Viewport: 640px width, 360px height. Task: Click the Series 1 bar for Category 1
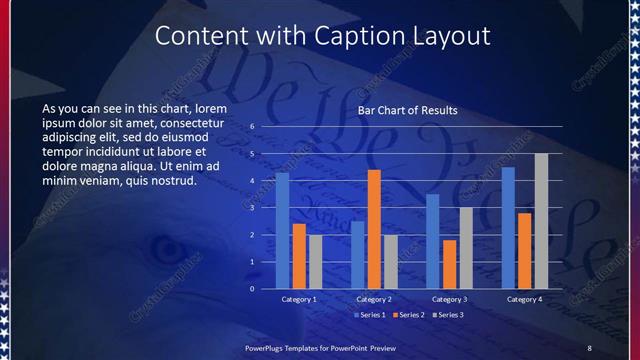point(282,230)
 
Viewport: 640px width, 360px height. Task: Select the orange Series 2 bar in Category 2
point(374,229)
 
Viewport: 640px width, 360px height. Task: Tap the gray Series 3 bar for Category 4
point(541,221)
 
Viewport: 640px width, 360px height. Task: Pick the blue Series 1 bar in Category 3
point(432,241)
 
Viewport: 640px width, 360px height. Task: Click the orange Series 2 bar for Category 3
point(449,264)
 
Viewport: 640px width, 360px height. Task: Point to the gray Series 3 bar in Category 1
point(315,261)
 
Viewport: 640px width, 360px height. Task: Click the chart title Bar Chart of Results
point(408,109)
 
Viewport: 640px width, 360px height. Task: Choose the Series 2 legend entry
point(408,315)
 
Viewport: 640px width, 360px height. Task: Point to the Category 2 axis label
point(374,299)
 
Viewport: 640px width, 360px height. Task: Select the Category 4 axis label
point(525,299)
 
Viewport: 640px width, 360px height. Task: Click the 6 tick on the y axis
point(253,126)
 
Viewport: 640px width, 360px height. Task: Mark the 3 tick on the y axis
point(253,207)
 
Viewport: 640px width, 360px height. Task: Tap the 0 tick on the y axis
point(253,288)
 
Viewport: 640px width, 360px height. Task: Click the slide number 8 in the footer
point(589,346)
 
